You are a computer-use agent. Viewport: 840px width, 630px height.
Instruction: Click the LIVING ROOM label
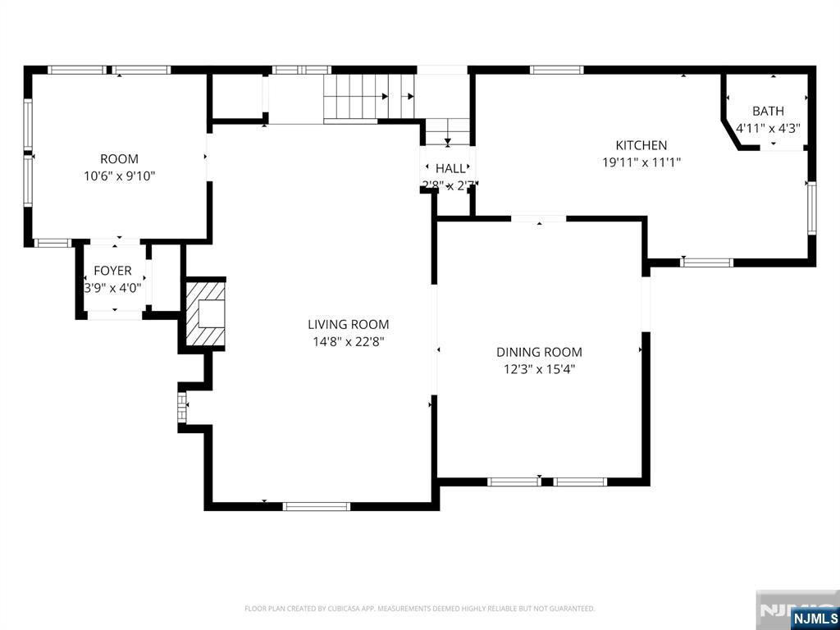pos(348,324)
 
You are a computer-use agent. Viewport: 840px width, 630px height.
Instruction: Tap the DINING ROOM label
pos(539,352)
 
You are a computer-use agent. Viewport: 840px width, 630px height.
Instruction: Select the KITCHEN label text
pos(641,145)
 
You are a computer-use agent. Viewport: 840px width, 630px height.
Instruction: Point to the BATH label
pos(768,111)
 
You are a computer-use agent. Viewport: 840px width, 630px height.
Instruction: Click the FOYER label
pos(112,271)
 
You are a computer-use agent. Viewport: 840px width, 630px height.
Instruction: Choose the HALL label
pos(450,168)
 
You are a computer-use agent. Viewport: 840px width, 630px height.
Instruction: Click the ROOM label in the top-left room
pos(119,158)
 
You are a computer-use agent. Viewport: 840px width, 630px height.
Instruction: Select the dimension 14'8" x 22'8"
pos(348,341)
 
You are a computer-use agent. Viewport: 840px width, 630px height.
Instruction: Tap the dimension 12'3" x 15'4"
pos(539,369)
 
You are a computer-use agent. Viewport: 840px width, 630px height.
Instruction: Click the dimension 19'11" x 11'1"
pos(641,162)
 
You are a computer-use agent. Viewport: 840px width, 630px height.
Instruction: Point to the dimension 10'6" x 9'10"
pos(119,176)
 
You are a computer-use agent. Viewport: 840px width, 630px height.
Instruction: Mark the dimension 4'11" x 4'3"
pos(768,128)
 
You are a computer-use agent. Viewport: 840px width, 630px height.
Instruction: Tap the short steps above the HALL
pos(447,130)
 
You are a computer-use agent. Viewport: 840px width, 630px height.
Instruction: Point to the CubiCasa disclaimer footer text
pos(419,609)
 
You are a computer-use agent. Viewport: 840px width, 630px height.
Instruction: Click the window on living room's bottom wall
pos(317,506)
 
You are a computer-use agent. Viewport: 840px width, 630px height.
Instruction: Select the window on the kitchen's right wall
pos(811,208)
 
